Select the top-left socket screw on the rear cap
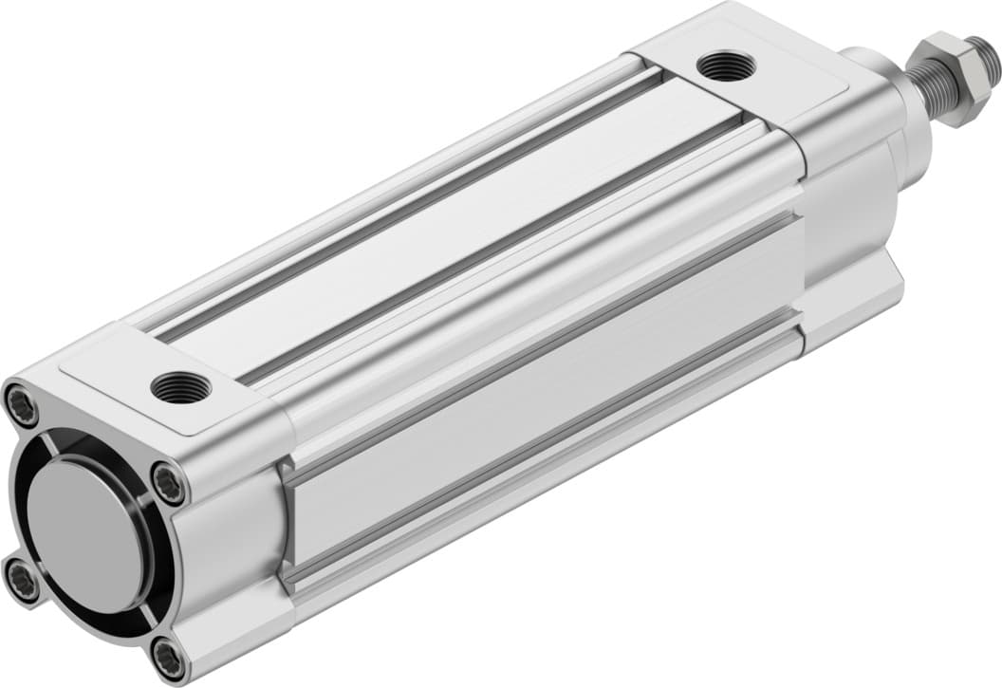[22, 405]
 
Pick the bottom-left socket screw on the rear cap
[21, 582]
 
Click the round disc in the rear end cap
[83, 535]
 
